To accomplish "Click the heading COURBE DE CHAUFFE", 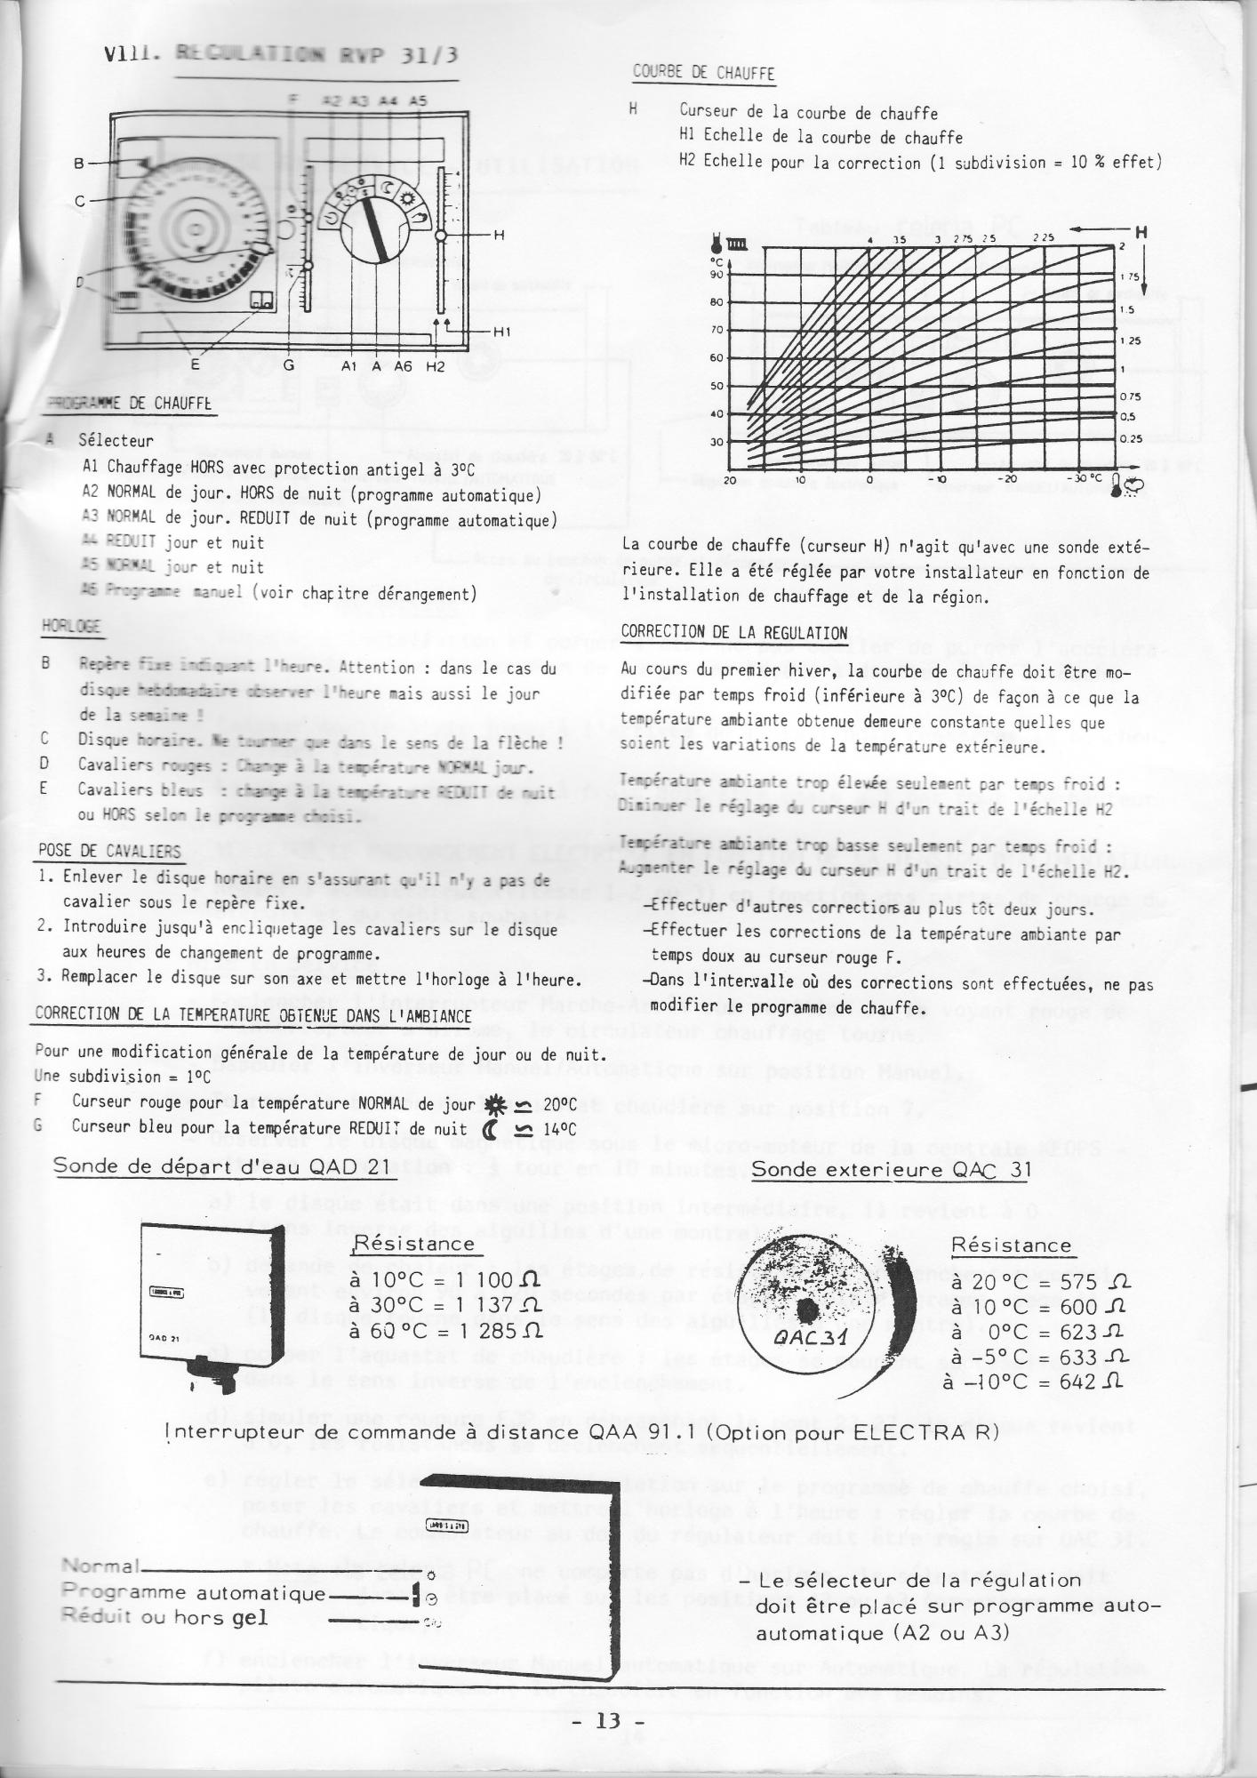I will pyautogui.click(x=703, y=73).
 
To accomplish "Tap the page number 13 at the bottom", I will pyautogui.click(x=609, y=1720).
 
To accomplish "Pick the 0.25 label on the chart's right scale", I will pyautogui.click(x=1130, y=438).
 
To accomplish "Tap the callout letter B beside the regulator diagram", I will pyautogui.click(x=79, y=164).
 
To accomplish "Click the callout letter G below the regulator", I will pyautogui.click(x=288, y=365).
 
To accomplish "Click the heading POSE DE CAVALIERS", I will pyautogui.click(x=109, y=852).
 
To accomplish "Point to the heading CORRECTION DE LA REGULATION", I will pyautogui.click(x=733, y=633).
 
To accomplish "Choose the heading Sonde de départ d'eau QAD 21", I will pyautogui.click(x=222, y=1166).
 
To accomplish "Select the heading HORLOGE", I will pyautogui.click(x=71, y=627).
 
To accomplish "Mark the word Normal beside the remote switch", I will pyautogui.click(x=99, y=1567).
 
